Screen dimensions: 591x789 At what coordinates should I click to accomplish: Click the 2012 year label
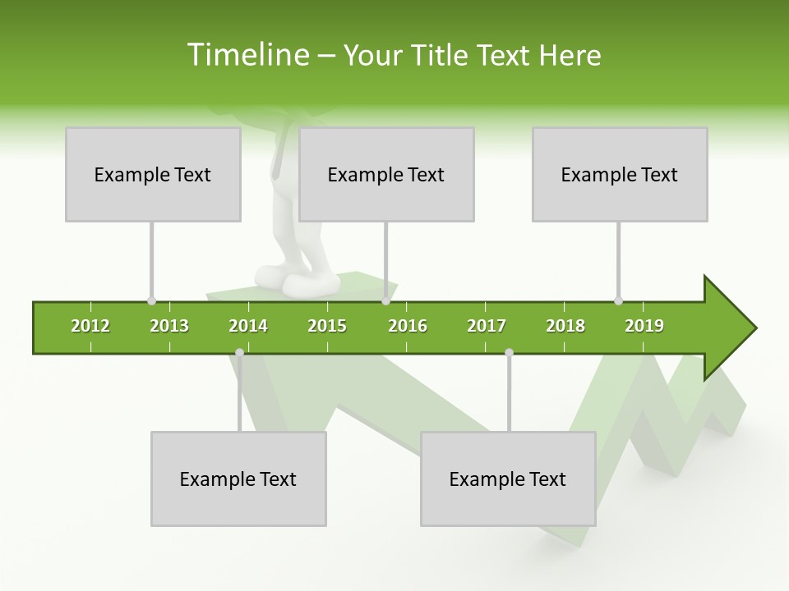[x=90, y=326]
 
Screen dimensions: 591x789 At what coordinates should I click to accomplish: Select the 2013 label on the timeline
[x=169, y=326]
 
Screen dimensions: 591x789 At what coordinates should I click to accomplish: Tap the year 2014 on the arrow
[x=248, y=326]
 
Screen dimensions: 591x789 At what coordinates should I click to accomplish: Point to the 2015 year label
[x=327, y=326]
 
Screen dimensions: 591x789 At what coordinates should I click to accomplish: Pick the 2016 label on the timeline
[x=408, y=326]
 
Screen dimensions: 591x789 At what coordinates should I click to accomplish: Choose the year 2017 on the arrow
[x=487, y=326]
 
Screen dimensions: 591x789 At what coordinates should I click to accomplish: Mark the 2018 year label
[x=565, y=326]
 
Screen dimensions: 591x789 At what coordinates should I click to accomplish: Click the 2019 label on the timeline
[x=644, y=326]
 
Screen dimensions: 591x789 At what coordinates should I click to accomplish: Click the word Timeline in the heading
[x=247, y=55]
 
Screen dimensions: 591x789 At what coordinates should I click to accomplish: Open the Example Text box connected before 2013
[x=153, y=174]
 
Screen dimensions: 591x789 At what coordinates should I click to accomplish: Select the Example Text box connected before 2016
[x=386, y=174]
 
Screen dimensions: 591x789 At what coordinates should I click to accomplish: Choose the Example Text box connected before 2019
[x=620, y=174]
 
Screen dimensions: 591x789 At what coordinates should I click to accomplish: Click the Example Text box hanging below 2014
[x=238, y=479]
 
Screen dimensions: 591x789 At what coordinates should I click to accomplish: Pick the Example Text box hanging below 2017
[x=508, y=479]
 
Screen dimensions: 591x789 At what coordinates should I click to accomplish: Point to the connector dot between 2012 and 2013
[x=151, y=300]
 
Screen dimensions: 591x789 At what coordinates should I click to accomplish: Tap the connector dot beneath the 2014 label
[x=239, y=352]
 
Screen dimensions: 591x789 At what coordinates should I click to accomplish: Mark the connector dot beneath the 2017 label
[x=509, y=352]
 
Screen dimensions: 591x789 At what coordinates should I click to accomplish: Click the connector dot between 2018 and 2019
[x=618, y=300]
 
